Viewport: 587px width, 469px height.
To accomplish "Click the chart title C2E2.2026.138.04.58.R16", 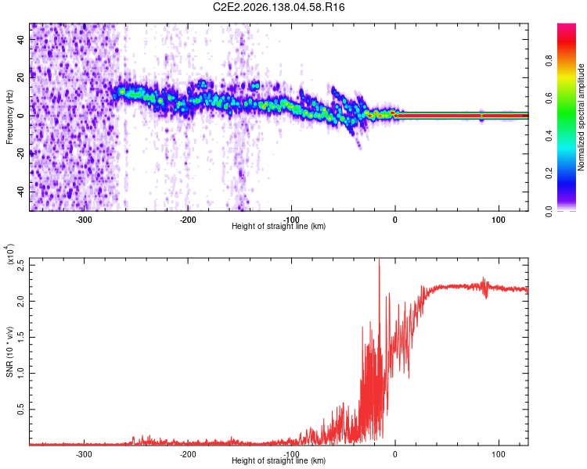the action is tap(279, 7).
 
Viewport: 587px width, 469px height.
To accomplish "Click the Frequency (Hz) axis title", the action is tap(9, 117).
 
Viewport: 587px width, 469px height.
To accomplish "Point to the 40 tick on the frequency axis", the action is tap(21, 39).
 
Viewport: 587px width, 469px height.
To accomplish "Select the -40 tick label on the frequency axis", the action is tap(21, 192).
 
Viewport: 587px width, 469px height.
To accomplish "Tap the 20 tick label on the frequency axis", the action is tap(21, 77).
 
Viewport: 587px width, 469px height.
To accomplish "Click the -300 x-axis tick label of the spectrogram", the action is tap(84, 220).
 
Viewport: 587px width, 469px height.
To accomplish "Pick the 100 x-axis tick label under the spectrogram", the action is tap(499, 220).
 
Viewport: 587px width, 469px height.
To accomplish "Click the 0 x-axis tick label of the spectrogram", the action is tap(395, 220).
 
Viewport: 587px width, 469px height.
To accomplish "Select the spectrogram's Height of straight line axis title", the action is tap(279, 226).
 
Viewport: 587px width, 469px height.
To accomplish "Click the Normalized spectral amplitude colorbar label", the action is tap(581, 117).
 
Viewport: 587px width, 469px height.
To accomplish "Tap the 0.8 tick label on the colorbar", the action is tap(549, 61).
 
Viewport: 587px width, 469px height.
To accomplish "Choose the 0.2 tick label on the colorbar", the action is tap(549, 174).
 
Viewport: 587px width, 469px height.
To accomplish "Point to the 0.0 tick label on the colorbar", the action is tap(549, 211).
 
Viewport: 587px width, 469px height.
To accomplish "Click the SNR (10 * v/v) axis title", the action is tap(9, 352).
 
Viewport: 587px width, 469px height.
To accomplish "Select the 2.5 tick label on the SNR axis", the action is tap(21, 265).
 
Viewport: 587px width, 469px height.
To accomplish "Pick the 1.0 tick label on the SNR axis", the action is tap(21, 374).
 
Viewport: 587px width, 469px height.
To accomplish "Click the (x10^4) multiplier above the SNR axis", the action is tap(10, 253).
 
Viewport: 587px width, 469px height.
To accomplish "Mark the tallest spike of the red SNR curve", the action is tap(380, 260).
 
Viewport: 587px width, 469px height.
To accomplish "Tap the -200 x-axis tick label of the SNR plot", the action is tap(188, 454).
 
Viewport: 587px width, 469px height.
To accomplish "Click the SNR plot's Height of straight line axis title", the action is tap(279, 460).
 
